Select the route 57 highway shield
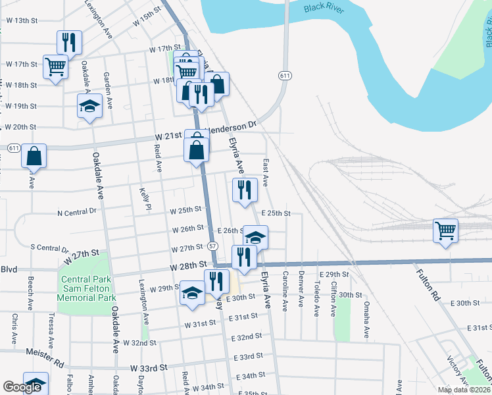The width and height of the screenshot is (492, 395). pyautogui.click(x=213, y=246)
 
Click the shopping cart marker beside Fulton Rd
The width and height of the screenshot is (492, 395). pyautogui.click(x=446, y=231)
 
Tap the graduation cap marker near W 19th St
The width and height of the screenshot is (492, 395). pyautogui.click(x=89, y=106)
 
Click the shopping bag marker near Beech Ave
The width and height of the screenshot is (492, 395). pyautogui.click(x=34, y=157)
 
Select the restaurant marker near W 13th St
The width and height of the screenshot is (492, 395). pyautogui.click(x=69, y=42)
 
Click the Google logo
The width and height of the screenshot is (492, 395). pyautogui.click(x=22, y=387)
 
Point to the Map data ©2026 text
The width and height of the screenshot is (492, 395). pyautogui.click(x=463, y=390)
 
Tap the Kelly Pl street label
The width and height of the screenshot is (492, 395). pyautogui.click(x=145, y=199)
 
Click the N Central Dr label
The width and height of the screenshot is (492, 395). pyautogui.click(x=77, y=213)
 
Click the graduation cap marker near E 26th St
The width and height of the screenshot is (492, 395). pyautogui.click(x=256, y=236)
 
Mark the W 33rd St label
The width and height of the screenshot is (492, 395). pyautogui.click(x=149, y=367)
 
